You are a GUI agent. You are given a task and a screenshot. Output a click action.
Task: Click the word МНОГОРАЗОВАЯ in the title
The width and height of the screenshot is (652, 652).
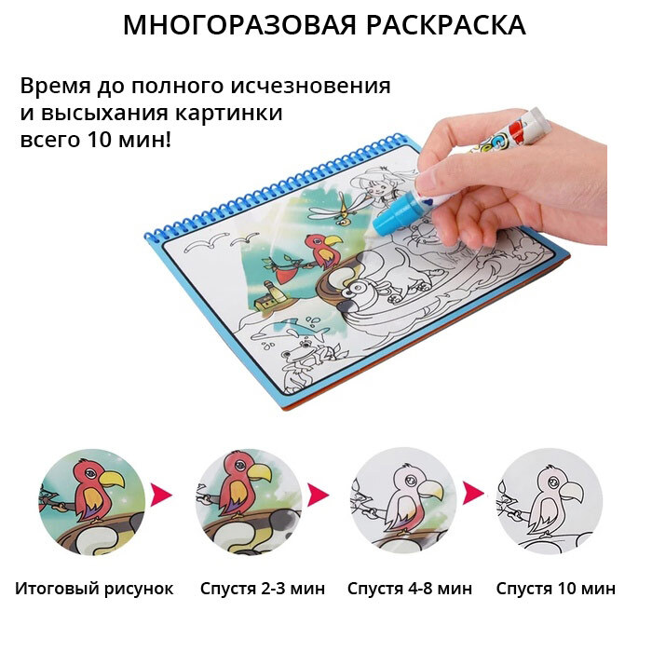tap(240, 25)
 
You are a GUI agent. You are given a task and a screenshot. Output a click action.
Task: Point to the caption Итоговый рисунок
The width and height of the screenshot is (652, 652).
tap(94, 589)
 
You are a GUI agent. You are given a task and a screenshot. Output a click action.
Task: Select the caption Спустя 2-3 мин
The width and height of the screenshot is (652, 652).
tap(263, 589)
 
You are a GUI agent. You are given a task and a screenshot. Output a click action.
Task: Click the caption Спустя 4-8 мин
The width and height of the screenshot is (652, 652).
tap(410, 589)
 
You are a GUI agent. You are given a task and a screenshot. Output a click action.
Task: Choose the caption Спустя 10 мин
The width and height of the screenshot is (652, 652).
tap(555, 589)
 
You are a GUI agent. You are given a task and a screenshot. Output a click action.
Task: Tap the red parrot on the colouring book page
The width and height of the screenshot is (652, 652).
tap(323, 250)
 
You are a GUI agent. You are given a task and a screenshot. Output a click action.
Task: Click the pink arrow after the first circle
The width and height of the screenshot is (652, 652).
tap(161, 495)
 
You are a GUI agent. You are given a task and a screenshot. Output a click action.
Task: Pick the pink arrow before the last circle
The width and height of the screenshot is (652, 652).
tap(473, 494)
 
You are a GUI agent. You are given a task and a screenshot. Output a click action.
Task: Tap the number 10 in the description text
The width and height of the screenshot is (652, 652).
tap(100, 140)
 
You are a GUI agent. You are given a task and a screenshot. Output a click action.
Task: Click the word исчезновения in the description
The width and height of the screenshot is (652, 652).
tap(311, 87)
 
